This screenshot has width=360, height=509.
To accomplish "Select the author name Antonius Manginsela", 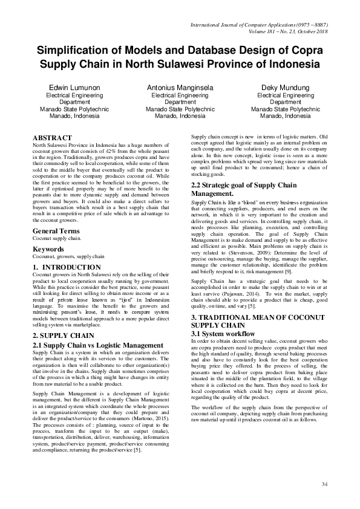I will [180, 88].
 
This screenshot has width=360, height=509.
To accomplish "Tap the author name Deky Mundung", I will [285, 88].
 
